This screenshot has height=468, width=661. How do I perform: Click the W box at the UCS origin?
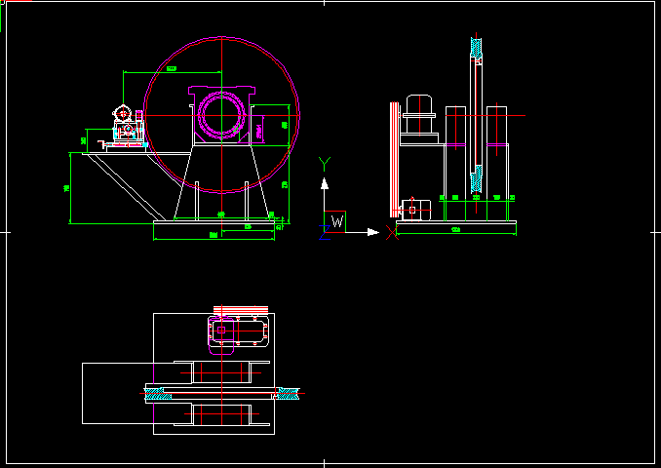click(x=334, y=221)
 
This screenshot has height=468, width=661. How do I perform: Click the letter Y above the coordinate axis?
click(x=326, y=163)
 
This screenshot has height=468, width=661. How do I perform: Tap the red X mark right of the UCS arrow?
click(x=392, y=232)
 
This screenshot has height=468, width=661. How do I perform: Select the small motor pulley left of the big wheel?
click(x=123, y=114)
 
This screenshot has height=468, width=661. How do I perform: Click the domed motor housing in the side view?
click(x=419, y=105)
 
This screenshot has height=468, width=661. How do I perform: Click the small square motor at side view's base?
click(x=413, y=208)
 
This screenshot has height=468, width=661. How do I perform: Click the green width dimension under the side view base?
click(x=455, y=230)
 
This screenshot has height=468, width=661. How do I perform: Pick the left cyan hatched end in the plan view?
click(x=157, y=393)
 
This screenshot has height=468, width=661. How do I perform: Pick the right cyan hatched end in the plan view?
click(x=290, y=393)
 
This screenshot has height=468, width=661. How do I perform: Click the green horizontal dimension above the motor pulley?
click(x=172, y=70)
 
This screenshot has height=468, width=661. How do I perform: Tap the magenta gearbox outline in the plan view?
click(x=240, y=332)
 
